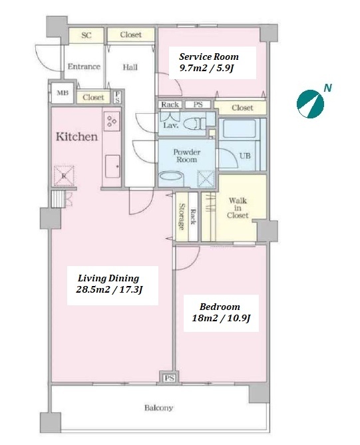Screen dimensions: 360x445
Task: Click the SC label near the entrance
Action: click(87, 35)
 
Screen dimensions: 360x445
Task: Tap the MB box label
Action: click(63, 92)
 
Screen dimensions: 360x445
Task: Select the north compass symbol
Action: click(310, 104)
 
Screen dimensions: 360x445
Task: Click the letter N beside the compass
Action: click(328, 88)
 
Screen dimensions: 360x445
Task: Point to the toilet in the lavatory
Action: click(194, 124)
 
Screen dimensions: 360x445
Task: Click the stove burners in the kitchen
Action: click(112, 121)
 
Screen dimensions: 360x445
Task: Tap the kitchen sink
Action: click(112, 166)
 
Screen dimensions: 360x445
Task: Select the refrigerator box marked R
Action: click(64, 176)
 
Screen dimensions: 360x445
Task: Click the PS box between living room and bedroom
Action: click(169, 378)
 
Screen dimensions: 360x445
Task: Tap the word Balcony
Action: click(159, 408)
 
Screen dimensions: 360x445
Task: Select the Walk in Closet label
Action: click(238, 208)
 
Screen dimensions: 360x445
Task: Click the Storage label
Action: click(182, 216)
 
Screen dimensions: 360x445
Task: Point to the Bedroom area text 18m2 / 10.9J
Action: click(221, 318)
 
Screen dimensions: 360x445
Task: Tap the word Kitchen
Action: click(77, 136)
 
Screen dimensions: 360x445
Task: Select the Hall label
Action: click(130, 67)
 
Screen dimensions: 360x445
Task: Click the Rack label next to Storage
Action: click(194, 217)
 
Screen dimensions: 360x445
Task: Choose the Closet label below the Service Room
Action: click(242, 108)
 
